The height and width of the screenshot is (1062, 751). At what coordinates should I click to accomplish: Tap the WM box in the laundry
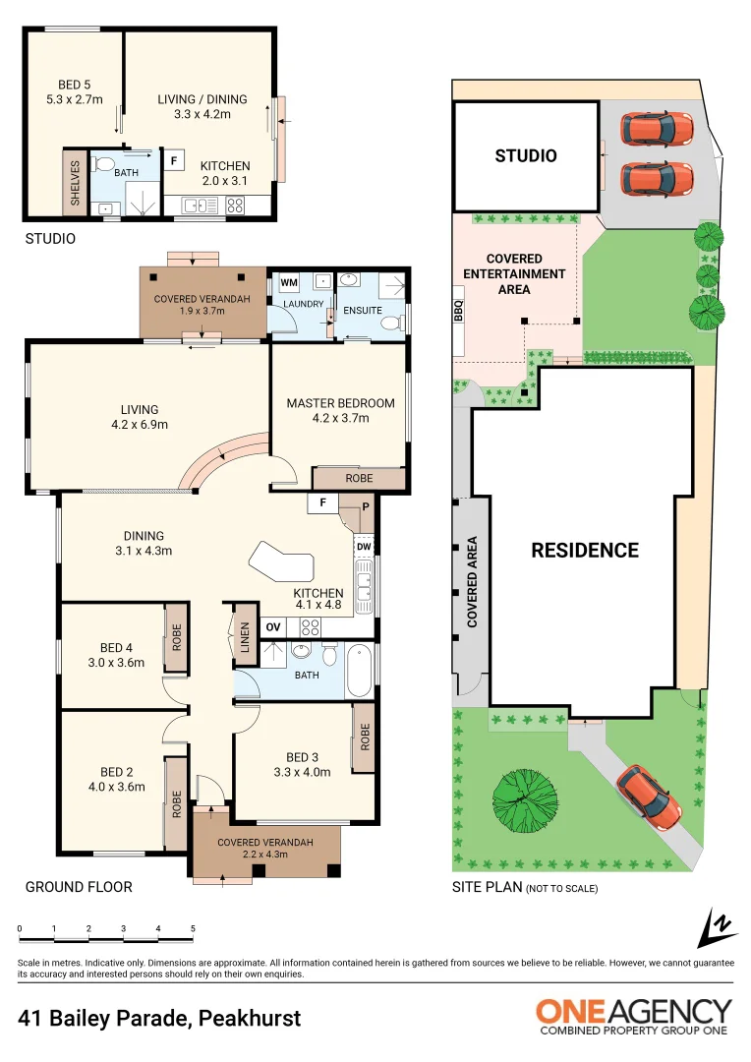click(x=288, y=282)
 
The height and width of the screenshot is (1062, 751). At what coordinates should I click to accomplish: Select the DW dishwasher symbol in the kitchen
click(x=363, y=547)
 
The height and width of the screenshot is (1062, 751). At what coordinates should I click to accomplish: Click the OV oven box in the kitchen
click(x=273, y=625)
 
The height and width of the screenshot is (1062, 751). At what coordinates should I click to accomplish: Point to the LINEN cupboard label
click(x=245, y=638)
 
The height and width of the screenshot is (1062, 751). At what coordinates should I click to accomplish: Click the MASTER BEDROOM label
click(x=340, y=403)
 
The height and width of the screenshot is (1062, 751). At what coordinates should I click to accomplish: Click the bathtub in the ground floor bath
click(x=358, y=670)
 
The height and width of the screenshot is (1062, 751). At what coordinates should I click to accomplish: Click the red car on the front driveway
click(x=648, y=794)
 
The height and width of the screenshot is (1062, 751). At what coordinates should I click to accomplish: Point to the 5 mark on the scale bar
click(x=193, y=929)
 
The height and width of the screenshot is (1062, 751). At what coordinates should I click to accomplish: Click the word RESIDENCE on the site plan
click(x=585, y=550)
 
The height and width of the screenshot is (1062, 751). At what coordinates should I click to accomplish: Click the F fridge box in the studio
click(x=173, y=159)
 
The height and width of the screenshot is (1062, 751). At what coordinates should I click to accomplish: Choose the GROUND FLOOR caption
click(x=79, y=887)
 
